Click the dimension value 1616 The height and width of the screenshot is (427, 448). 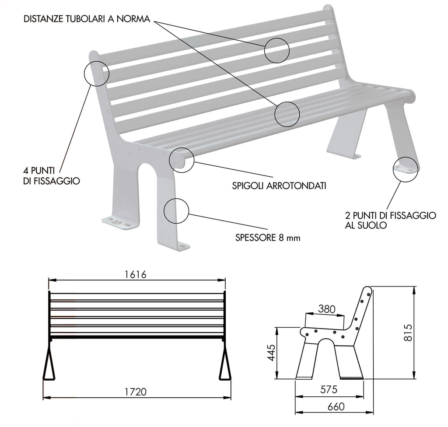tap(136, 274)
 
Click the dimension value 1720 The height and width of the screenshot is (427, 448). tap(136, 392)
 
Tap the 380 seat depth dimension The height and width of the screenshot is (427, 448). tap(326, 309)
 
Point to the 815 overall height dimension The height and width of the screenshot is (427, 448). tap(408, 332)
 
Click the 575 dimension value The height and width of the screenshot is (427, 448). tap(329, 389)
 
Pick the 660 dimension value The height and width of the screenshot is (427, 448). tap(336, 406)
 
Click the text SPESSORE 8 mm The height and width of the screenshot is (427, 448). tap(268, 238)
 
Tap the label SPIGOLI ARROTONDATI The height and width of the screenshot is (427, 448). tap(279, 186)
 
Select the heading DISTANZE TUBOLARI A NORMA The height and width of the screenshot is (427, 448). tap(87, 19)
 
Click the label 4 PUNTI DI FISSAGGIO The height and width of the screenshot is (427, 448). tap(52, 176)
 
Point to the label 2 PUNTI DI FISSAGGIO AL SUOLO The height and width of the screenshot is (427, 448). tap(391, 220)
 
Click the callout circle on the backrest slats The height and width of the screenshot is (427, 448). tap(289, 50)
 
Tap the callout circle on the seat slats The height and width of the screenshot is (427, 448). tap(299, 114)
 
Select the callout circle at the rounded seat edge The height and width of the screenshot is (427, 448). tap(194, 160)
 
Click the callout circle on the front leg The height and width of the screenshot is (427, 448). tap(189, 211)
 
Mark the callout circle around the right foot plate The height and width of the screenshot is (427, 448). tap(418, 169)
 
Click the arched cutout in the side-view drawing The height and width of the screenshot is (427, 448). tap(325, 339)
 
